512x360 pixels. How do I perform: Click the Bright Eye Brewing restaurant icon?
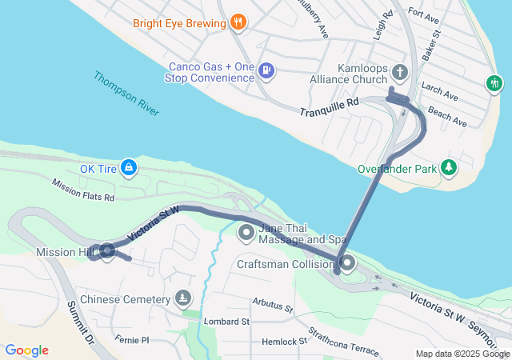[237, 23]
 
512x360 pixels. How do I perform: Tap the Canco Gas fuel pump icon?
[266, 71]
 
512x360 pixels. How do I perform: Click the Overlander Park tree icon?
[450, 168]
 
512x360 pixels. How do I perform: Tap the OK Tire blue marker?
[129, 169]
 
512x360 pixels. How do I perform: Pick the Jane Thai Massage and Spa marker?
[246, 233]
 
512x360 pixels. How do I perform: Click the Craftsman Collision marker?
[347, 263]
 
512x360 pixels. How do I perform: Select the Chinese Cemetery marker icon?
[184, 299]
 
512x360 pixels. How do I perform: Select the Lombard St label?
[226, 321]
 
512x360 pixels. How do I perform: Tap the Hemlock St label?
[285, 341]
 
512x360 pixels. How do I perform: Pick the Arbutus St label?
[273, 304]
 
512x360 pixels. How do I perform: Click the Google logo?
[27, 350]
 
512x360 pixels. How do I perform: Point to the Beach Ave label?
[447, 118]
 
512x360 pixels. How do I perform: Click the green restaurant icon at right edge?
[495, 82]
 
